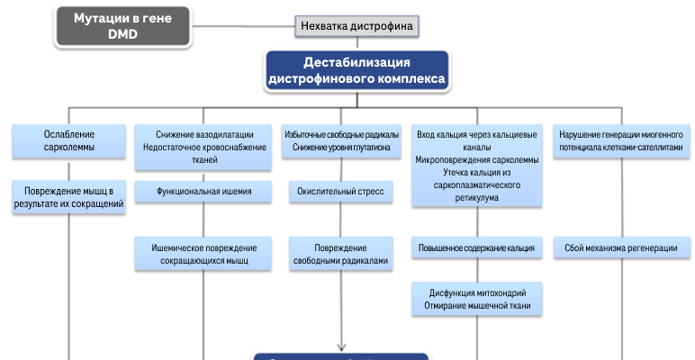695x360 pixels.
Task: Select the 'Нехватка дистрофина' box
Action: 357,26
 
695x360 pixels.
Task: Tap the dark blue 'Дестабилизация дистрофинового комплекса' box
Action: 357,71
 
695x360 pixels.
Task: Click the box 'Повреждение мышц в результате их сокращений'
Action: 69,197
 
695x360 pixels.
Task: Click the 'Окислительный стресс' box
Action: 341,192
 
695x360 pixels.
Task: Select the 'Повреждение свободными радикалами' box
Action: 341,254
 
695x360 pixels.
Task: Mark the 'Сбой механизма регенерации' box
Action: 621,247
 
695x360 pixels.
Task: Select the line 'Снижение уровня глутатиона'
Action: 341,147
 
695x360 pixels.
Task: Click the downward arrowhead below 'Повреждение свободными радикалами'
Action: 341,344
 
